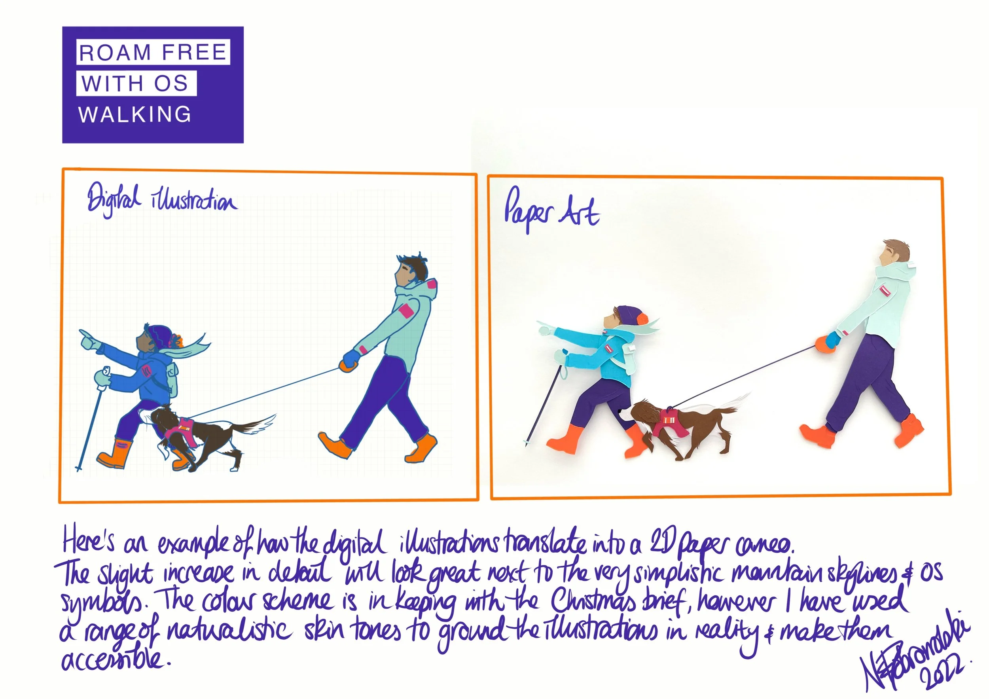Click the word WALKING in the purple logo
coord(135,115)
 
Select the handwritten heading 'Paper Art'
coord(551,212)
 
